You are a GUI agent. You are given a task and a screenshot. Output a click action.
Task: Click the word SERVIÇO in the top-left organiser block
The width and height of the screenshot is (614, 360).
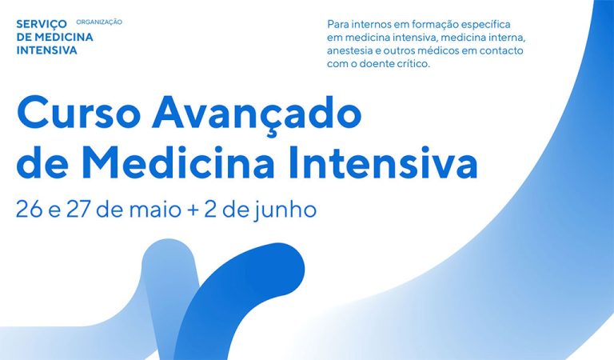point(42,24)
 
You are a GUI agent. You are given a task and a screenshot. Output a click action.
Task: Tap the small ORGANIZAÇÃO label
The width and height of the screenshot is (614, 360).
point(99,22)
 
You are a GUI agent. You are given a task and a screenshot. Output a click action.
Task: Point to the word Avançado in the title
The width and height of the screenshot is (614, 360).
point(257,114)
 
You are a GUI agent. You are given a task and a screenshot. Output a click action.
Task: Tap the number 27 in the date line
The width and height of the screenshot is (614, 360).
point(79,210)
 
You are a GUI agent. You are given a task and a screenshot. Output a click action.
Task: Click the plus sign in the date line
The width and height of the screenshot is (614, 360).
point(193,211)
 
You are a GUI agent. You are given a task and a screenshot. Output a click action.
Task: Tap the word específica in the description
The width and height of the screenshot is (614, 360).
point(485,25)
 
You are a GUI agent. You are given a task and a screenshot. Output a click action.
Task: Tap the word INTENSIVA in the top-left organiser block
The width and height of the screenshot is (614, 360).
point(47,50)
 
